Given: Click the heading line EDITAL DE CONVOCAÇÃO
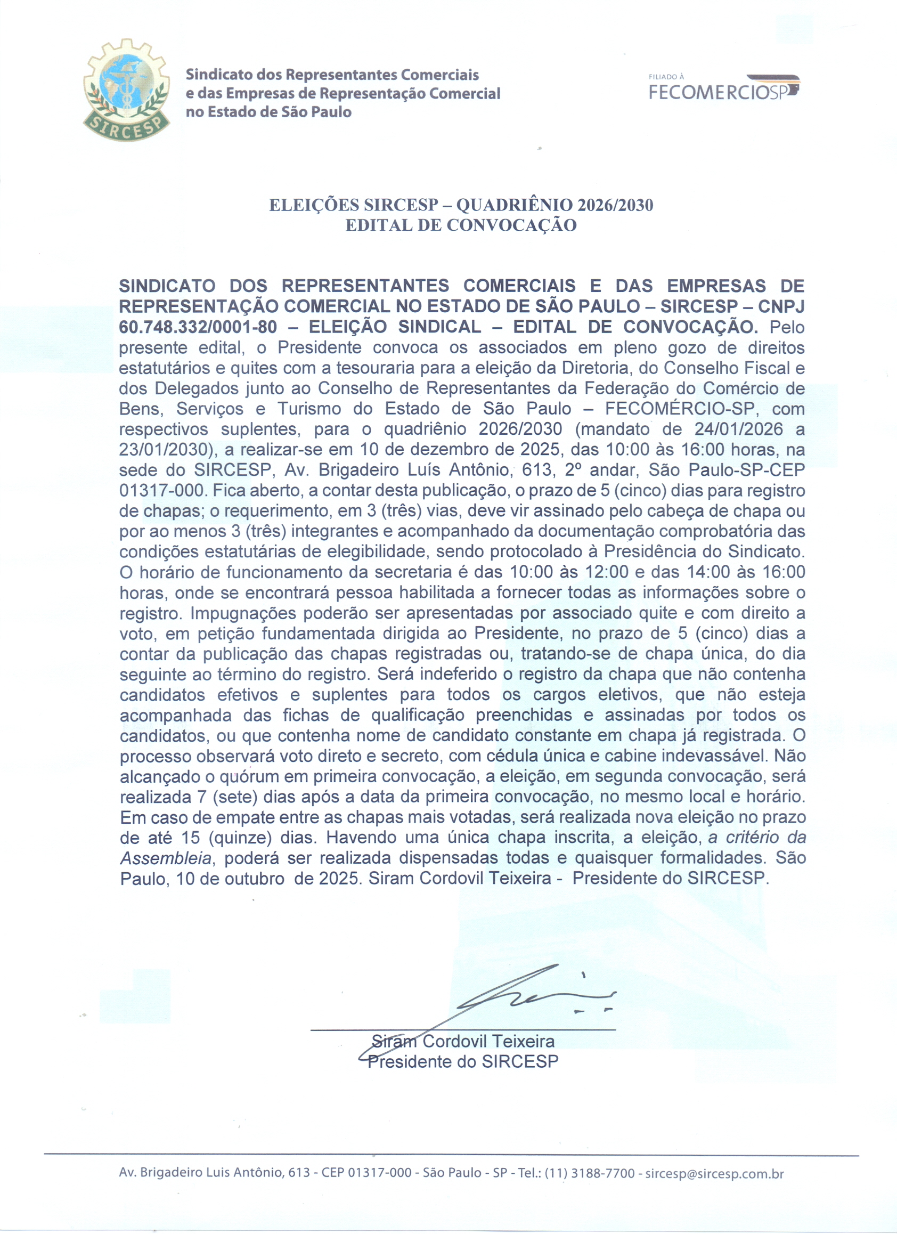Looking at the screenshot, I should pyautogui.click(x=461, y=225).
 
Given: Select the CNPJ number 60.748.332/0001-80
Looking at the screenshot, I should pyautogui.click(x=198, y=327).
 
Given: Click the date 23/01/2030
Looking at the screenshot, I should pyautogui.click(x=165, y=449).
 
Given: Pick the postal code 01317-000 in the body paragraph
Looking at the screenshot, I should pyautogui.click(x=162, y=490).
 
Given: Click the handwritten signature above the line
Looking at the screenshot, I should pyautogui.click(x=522, y=996).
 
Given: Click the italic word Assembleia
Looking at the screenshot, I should pyautogui.click(x=165, y=858).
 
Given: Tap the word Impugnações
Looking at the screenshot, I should pyautogui.click(x=241, y=613).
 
